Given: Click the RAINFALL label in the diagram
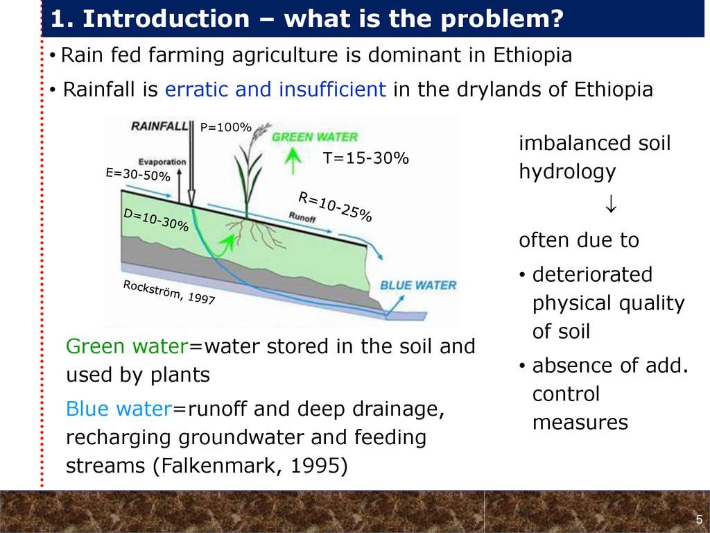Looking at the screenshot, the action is click(159, 126).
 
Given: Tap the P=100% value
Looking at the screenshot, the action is click(225, 128).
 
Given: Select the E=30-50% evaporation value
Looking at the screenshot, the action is click(138, 174).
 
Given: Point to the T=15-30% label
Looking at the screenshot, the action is click(366, 158).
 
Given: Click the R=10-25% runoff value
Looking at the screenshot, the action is click(335, 207).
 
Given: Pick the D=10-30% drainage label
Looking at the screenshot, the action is click(156, 219).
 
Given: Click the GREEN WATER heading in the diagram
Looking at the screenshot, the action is click(315, 137).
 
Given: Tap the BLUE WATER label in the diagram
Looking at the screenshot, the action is click(418, 285).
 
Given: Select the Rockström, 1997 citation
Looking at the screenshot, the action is click(169, 292).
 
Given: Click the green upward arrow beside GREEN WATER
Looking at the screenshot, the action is click(293, 161).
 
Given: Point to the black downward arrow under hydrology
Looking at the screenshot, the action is click(611, 204).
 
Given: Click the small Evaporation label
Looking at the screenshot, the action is click(162, 162).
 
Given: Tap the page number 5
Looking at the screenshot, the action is click(699, 520).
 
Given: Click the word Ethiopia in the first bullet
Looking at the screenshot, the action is click(532, 55).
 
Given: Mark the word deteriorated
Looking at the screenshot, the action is click(592, 275).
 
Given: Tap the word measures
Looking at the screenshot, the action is click(580, 423).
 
